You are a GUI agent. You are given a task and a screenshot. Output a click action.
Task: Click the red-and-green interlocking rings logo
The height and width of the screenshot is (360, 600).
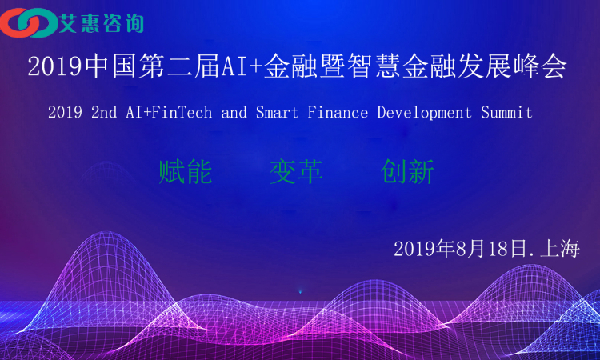pos(29,23)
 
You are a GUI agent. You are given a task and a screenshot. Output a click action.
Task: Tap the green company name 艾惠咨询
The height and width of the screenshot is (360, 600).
pos(102,23)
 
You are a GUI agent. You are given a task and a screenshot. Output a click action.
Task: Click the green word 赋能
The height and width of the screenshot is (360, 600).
pos(186,172)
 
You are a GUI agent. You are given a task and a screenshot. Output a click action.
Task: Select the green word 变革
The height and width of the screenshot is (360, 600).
pos(296,172)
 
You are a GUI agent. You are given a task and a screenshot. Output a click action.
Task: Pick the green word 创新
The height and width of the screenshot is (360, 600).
pos(407,172)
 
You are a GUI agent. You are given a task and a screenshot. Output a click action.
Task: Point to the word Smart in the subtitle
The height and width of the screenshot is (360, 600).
pos(277,113)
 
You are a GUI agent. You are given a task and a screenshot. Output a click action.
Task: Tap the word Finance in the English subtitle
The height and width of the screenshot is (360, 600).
pos(338,113)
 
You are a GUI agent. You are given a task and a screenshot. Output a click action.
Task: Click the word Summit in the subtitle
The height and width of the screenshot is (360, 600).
pos(506,113)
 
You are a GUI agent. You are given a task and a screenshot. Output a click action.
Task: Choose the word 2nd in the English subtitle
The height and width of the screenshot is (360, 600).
pos(104,113)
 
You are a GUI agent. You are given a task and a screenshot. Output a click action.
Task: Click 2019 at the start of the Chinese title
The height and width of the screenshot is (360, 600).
pos(54,66)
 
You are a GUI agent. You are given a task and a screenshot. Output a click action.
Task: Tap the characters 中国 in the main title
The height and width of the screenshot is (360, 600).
pos(110,66)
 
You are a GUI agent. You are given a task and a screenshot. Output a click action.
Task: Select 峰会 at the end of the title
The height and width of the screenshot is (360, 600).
pos(541,66)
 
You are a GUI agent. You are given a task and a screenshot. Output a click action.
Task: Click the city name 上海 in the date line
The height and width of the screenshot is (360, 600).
pos(560,249)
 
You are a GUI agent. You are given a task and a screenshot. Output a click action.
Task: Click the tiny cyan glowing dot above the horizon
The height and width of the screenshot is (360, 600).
pos(300,292)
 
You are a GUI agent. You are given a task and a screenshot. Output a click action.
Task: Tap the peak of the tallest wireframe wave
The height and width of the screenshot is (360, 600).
pos(108,231)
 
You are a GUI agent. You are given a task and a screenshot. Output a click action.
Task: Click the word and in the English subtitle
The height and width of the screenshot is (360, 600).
pos(234,113)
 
